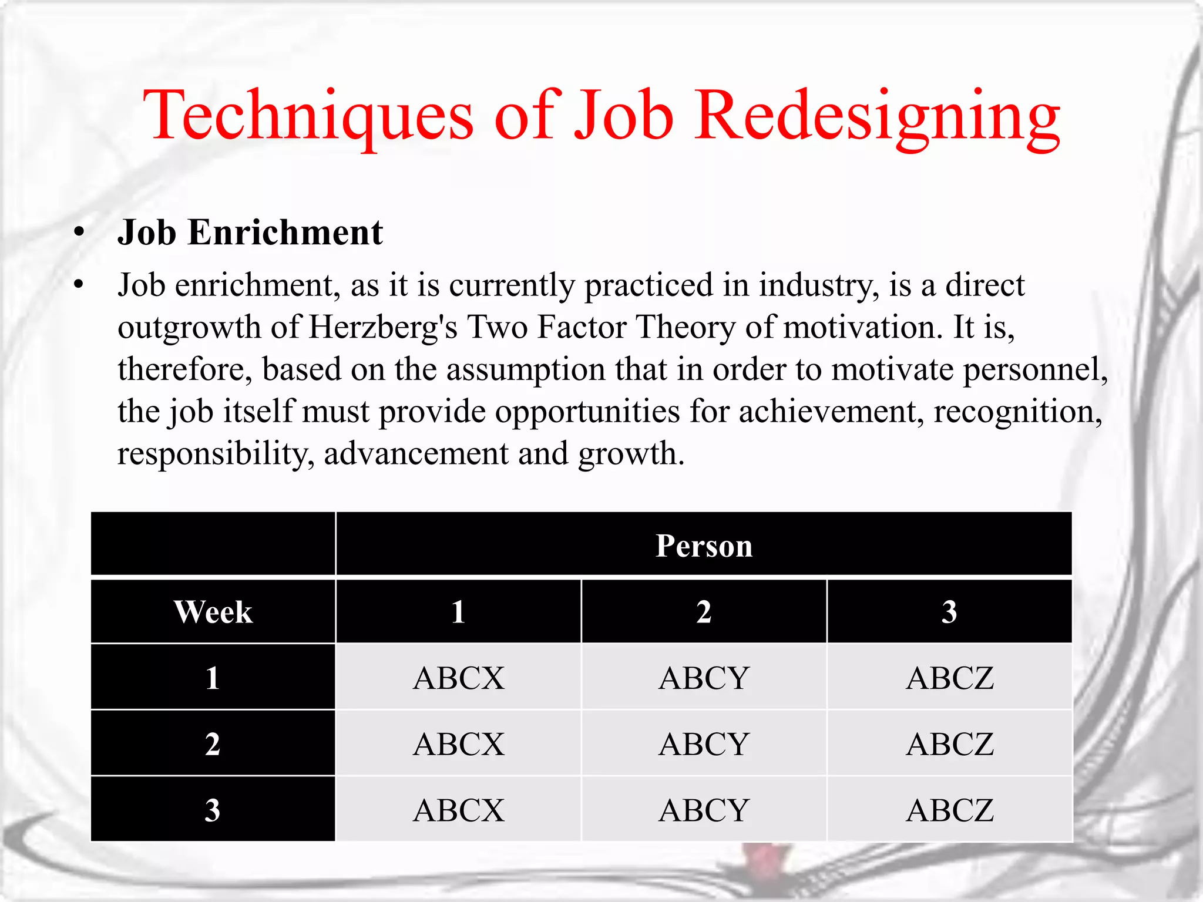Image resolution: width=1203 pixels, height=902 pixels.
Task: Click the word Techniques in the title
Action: (308, 115)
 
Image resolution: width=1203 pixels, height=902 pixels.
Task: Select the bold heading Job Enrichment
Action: (250, 233)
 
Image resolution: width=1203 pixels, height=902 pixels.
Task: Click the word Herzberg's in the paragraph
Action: (382, 327)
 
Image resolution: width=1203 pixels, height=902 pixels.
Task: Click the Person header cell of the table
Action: (704, 546)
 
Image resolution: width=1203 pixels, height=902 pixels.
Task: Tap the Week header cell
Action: (213, 612)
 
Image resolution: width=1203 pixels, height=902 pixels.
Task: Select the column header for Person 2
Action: (704, 612)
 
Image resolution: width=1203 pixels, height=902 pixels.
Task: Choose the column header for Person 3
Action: (949, 612)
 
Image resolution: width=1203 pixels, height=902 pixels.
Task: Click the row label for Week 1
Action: (213, 678)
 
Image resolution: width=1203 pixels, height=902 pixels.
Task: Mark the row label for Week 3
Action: (213, 810)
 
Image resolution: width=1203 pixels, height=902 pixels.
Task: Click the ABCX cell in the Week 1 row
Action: (458, 678)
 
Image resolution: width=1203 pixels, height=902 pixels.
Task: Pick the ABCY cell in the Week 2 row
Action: (704, 744)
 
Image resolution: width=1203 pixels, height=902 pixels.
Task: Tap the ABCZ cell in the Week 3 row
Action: (949, 810)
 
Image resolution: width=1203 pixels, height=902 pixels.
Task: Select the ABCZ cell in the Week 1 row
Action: (949, 678)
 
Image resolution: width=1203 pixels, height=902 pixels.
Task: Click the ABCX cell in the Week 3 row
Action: (458, 810)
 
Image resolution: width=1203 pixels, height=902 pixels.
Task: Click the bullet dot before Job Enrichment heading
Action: (79, 233)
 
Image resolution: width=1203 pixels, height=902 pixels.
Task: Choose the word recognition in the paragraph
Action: (1017, 411)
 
